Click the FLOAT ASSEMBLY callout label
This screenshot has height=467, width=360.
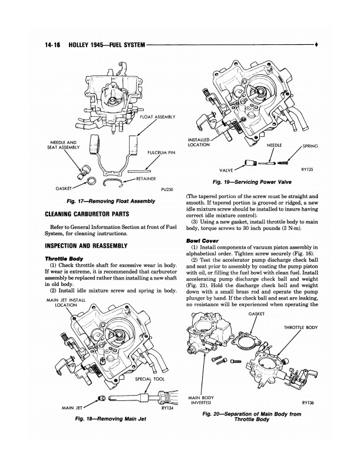(158, 117)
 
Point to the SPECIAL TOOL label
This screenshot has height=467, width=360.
(150, 379)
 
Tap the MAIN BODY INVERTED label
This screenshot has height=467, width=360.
(201, 401)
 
